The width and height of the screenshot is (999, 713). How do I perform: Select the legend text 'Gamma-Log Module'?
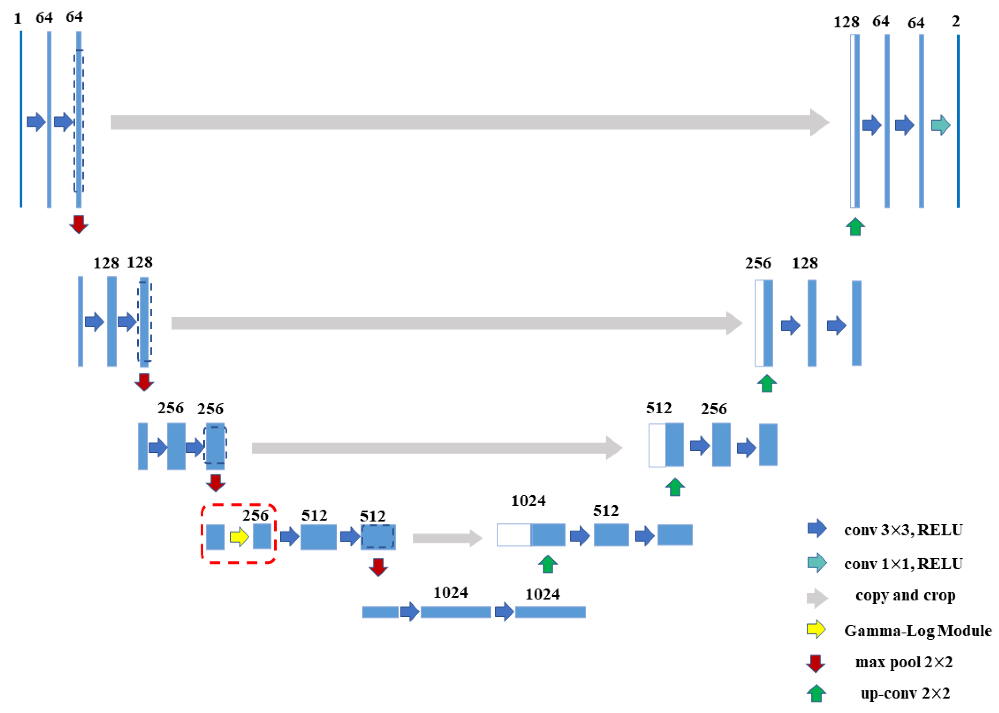point(917,631)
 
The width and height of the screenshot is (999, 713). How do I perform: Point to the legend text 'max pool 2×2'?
point(904,662)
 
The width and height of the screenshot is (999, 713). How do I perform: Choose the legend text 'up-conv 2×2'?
point(905,693)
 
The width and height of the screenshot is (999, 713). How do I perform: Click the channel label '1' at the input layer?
point(17,18)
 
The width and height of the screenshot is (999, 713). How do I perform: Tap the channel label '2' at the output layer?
point(956,21)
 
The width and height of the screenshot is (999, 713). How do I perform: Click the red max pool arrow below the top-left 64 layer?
point(79,224)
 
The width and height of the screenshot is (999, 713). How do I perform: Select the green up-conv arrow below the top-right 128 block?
point(855,227)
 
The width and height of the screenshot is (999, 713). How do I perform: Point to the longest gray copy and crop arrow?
point(470,122)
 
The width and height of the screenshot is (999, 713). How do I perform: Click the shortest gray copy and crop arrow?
point(447,538)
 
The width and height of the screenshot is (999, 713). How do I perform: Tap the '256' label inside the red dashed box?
point(256,515)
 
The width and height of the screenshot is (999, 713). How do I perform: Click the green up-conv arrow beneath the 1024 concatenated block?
point(547,564)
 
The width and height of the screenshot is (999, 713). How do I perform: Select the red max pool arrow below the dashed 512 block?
point(378,567)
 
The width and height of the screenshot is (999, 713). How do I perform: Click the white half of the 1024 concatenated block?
point(514,535)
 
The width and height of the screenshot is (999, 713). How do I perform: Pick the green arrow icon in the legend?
point(816,694)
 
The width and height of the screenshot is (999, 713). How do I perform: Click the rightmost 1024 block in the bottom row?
point(550,611)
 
